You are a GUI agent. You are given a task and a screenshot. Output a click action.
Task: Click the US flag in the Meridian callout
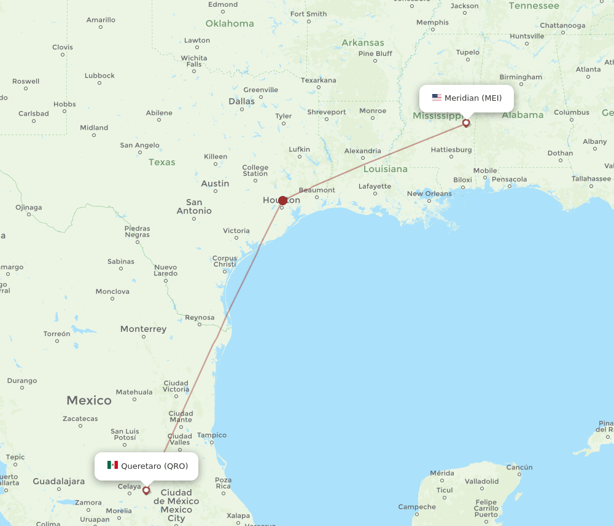437,98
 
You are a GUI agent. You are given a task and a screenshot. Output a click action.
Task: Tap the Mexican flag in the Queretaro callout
112,465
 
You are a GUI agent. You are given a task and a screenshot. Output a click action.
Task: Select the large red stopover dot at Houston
282,200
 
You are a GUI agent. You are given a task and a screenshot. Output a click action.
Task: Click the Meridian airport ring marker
466,123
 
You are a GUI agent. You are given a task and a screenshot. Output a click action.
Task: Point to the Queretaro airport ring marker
146,490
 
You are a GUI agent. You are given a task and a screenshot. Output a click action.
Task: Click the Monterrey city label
143,329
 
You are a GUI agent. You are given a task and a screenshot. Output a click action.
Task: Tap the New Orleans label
429,194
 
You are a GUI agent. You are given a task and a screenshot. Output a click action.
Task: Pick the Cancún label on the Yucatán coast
519,467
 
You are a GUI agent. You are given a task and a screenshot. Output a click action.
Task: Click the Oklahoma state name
230,23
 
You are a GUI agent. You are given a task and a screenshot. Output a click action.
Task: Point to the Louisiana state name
385,168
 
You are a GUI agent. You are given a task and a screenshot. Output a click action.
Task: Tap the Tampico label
212,435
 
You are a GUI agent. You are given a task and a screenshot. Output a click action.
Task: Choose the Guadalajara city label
59,481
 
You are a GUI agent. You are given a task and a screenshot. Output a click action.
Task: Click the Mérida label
442,473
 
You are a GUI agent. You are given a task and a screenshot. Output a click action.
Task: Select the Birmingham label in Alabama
521,77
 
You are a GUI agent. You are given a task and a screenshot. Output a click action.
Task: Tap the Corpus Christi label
224,261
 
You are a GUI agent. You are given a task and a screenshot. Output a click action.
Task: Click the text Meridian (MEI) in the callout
473,98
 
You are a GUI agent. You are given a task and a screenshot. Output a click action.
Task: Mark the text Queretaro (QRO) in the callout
154,466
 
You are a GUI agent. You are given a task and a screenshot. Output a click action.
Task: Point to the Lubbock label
99,76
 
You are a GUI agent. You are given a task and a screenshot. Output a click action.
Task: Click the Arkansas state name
363,42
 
